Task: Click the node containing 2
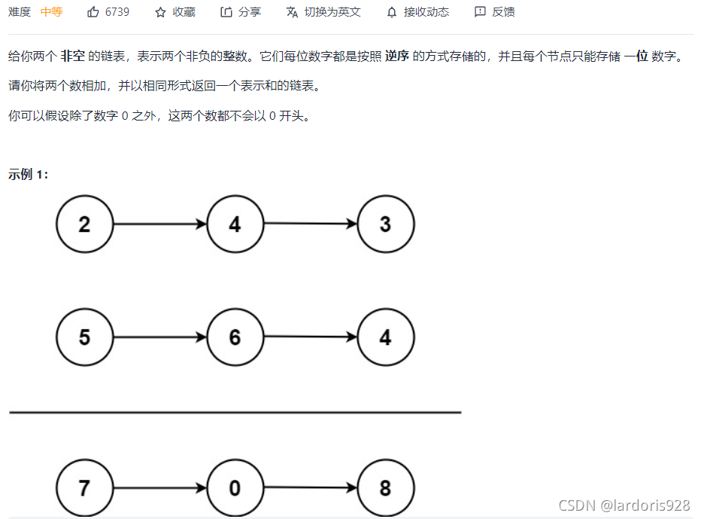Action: [x=84, y=224]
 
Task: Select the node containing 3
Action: [x=386, y=224]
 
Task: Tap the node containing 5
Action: [x=84, y=337]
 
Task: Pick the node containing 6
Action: [x=235, y=337]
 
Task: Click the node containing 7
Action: [x=84, y=487]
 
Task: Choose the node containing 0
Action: [x=235, y=487]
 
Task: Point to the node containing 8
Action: [x=386, y=487]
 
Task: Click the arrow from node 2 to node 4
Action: [x=159, y=224]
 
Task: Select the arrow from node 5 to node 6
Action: [x=159, y=337]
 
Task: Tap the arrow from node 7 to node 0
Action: [x=159, y=487]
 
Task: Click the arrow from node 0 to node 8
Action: [x=311, y=487]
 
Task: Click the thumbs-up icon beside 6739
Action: [x=93, y=12]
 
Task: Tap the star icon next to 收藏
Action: [x=160, y=12]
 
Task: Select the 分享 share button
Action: [x=241, y=12]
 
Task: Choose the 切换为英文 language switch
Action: [x=324, y=12]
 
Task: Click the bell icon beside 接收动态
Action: [x=392, y=12]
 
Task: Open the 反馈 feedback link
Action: [x=495, y=12]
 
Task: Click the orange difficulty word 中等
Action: [x=51, y=12]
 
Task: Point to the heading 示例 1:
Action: [x=29, y=175]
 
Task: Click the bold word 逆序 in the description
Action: [x=397, y=56]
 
